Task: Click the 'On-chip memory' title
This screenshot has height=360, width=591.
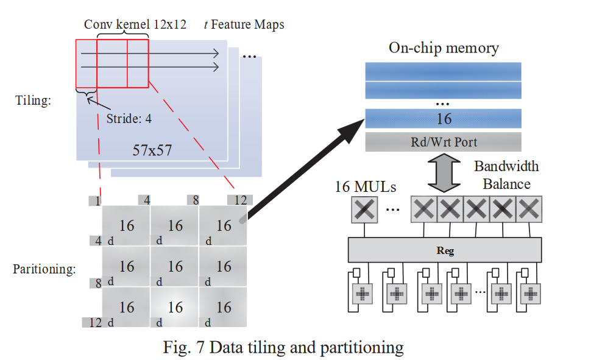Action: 444,48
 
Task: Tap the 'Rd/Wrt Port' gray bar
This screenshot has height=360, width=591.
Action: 444,142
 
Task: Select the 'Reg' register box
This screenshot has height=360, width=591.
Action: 445,250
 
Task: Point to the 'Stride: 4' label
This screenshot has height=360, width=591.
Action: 129,119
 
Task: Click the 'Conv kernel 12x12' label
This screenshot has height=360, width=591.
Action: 127,25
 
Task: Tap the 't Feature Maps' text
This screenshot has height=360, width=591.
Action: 243,25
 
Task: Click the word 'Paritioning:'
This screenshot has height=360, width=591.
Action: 44,269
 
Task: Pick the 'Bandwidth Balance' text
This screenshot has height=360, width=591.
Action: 506,174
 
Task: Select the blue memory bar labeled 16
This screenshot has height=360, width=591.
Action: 444,118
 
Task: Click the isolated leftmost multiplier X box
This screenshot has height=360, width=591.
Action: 364,210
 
